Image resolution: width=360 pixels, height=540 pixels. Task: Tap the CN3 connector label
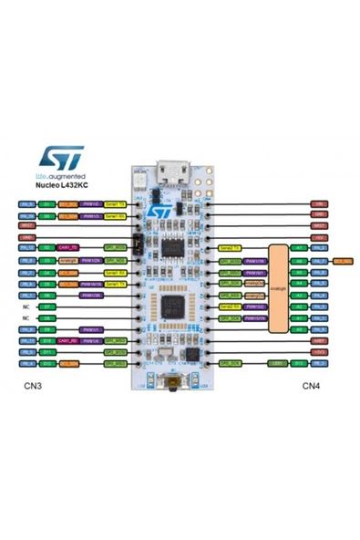(35, 386)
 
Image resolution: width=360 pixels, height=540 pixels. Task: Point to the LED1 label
(274, 362)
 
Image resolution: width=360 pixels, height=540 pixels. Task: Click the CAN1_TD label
(68, 247)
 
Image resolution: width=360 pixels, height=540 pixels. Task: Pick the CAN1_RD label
(68, 340)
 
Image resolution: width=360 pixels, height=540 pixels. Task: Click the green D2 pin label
(47, 247)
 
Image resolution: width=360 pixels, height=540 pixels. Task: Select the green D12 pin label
(47, 362)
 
